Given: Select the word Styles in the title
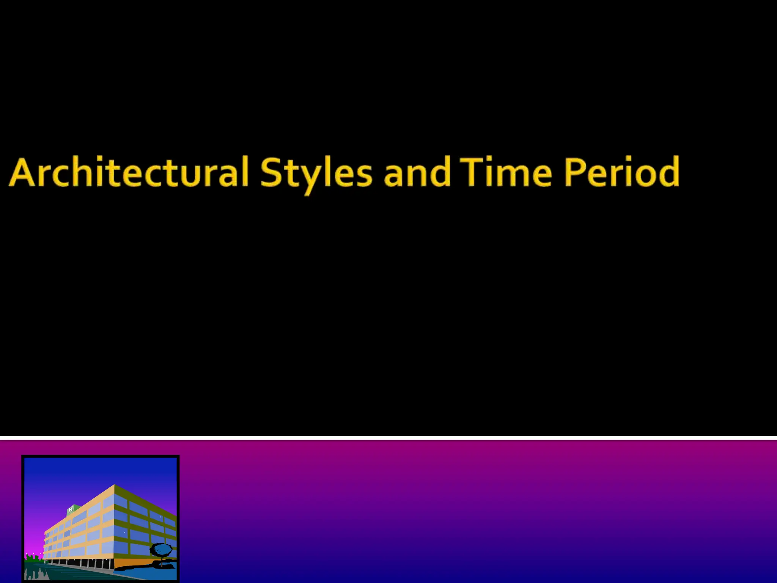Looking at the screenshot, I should tap(316, 173).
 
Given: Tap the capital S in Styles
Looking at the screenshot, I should tap(272, 173).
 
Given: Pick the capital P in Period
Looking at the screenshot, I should tap(575, 173).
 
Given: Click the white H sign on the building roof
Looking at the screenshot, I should tap(71, 509).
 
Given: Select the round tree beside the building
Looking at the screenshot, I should tap(161, 550).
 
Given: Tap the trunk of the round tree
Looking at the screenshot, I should tap(161, 561).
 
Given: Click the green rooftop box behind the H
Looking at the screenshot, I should tap(75, 508).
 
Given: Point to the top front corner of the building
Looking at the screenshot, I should tap(115, 485).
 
